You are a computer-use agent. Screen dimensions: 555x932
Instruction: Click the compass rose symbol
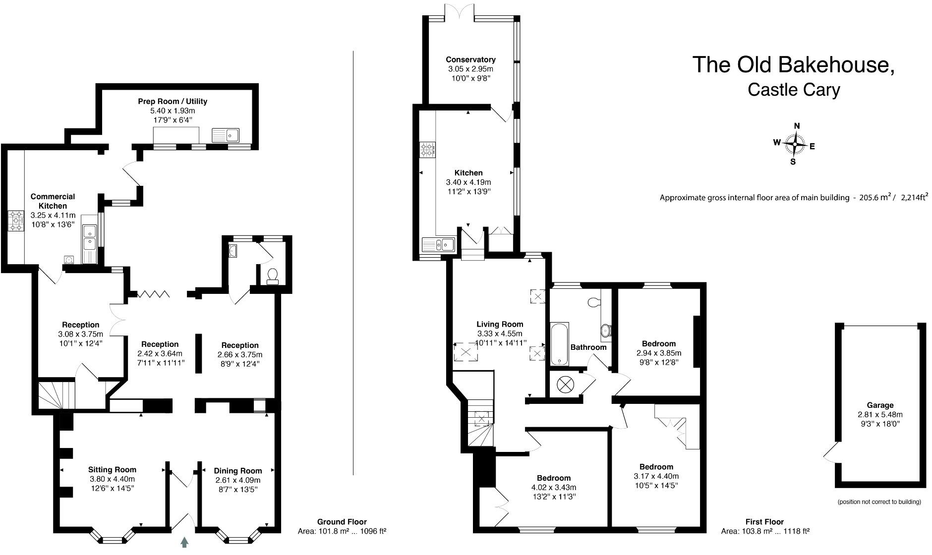coord(795,144)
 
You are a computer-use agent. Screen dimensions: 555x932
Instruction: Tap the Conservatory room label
coord(470,59)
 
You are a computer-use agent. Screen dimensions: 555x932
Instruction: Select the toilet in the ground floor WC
coord(273,276)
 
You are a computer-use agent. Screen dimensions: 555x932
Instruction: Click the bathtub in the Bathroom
coord(559,343)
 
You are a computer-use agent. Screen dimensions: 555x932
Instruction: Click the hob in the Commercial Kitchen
coord(15,221)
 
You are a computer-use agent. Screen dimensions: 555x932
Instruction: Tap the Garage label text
coord(880,405)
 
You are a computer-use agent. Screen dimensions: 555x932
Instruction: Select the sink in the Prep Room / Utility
coord(226,134)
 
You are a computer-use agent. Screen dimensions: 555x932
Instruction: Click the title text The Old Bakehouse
coord(793,65)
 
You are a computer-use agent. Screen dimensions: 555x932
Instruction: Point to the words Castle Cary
coord(793,90)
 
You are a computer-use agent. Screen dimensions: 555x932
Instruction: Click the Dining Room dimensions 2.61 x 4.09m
coord(237,480)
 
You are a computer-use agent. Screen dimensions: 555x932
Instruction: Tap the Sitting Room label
coord(112,469)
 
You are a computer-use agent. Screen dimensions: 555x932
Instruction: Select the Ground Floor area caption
coord(342,527)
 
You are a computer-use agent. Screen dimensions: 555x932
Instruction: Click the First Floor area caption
coord(765,527)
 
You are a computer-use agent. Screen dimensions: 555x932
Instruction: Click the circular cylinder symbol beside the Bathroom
coord(565,384)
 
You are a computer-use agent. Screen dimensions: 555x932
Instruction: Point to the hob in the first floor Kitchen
coord(427,149)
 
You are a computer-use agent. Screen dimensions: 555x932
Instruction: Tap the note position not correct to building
coord(879,502)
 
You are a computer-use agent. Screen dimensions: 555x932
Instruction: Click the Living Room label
coord(500,325)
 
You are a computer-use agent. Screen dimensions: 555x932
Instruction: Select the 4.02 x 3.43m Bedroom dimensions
coord(553,488)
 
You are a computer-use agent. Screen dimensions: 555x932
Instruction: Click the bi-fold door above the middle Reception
coord(154,294)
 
